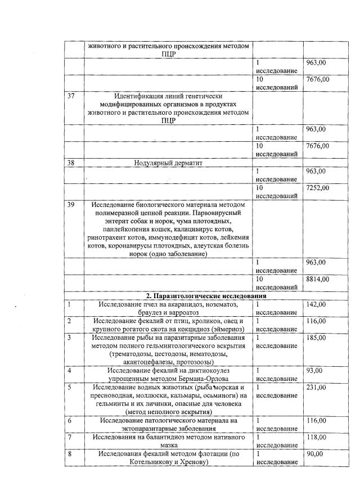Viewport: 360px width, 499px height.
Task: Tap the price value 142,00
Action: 316,304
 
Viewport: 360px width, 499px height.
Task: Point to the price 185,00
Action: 316,337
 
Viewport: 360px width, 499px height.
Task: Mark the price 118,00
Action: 316,437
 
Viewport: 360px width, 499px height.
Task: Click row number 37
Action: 71,96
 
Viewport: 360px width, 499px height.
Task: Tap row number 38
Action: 71,163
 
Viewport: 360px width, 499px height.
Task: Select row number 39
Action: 71,204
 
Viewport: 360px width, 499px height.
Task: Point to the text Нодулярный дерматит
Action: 168,163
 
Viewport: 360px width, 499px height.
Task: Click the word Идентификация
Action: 138,96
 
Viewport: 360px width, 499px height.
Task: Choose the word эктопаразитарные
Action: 145,429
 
